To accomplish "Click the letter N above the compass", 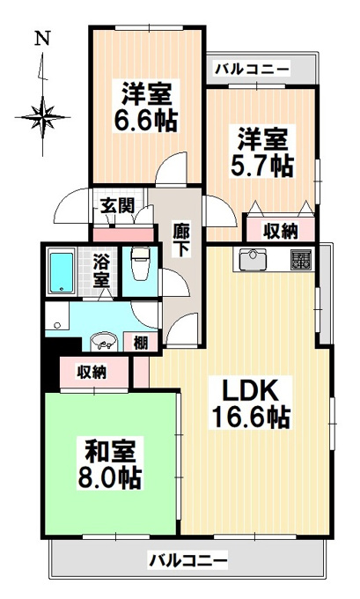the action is (x=42, y=39).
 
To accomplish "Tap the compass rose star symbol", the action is (x=43, y=116).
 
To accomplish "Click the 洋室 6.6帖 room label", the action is (x=146, y=106).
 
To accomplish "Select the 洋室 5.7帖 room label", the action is (x=262, y=152).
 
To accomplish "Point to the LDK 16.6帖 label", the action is (x=251, y=404).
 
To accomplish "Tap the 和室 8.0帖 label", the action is (x=110, y=464).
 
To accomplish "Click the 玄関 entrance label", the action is (x=117, y=206).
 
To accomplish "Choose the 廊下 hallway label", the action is (x=181, y=240).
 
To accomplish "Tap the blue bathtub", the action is (x=62, y=270).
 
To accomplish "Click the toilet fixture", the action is (x=140, y=263).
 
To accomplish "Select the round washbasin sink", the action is (x=104, y=341).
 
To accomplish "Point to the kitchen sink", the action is (x=253, y=259).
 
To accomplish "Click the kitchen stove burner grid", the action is (x=301, y=260).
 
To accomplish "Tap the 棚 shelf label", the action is (x=141, y=343).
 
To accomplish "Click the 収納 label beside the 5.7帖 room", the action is (x=281, y=231).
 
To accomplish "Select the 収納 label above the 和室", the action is (x=92, y=372).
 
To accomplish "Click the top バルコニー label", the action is (x=252, y=70).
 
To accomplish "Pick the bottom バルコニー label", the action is (x=187, y=561).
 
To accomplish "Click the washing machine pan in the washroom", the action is (x=57, y=316).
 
